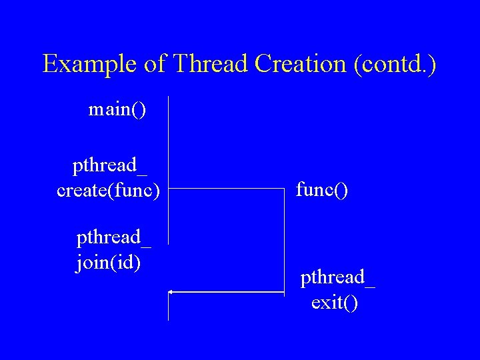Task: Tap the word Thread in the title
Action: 207,64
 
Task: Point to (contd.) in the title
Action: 396,64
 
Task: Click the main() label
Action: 117,109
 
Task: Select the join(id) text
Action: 109,263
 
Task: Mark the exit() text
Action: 335,303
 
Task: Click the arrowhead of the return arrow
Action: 171,292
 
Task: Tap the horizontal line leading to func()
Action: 227,189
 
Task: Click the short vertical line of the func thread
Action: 285,240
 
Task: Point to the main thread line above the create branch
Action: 169,140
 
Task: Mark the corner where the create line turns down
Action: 285,189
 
